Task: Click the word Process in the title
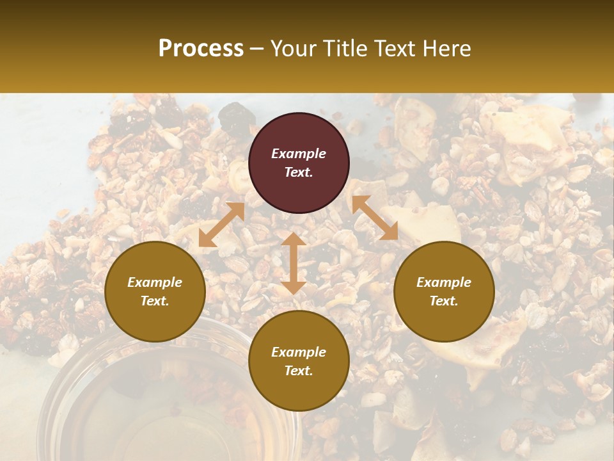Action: point(201,49)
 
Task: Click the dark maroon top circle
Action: point(299,163)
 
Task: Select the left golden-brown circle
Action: point(155,291)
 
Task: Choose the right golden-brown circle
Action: point(444,291)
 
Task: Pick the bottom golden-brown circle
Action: point(299,360)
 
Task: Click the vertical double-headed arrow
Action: point(294,263)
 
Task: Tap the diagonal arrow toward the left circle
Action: point(221,225)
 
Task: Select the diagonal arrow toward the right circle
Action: point(375,218)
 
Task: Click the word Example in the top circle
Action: point(299,154)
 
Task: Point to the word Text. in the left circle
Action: point(155,301)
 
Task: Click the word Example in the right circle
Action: point(444,282)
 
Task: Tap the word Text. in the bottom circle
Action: point(299,371)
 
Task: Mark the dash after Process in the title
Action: point(257,49)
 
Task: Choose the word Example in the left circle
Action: point(155,282)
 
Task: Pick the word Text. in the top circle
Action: point(299,172)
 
